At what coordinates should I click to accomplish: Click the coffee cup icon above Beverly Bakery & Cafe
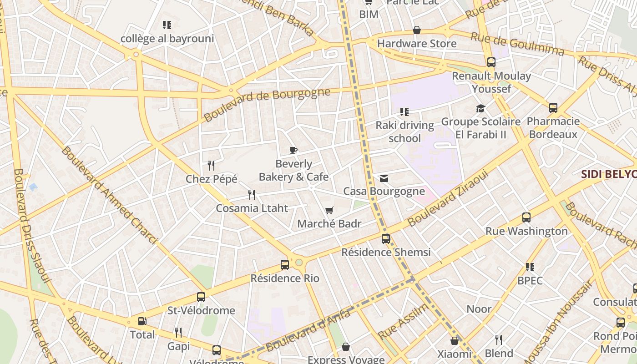click(x=293, y=150)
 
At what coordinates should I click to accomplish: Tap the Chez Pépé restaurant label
click(x=212, y=179)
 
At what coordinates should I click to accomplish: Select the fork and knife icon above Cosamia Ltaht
click(x=252, y=195)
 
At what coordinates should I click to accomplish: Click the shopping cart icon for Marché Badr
click(x=329, y=210)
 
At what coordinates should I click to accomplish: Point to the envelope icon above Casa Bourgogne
click(x=384, y=178)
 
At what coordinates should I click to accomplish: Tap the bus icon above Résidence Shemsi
click(x=386, y=238)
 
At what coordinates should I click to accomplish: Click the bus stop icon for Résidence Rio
click(x=285, y=264)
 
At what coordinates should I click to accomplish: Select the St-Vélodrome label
click(x=201, y=311)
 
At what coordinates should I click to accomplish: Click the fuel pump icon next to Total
click(x=142, y=321)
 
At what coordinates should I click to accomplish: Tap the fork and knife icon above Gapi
click(x=178, y=333)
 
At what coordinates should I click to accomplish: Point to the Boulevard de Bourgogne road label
click(x=267, y=104)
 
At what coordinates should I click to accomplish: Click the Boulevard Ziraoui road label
click(x=448, y=198)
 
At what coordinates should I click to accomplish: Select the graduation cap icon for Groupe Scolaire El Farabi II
click(x=481, y=108)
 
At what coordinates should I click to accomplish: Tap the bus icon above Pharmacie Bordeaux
click(x=553, y=108)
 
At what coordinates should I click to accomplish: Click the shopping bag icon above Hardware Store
click(x=417, y=30)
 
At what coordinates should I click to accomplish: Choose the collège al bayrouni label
click(x=167, y=39)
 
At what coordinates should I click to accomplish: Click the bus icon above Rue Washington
click(x=526, y=217)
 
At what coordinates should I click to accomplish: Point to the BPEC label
click(x=530, y=280)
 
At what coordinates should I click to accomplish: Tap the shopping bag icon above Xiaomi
click(x=454, y=340)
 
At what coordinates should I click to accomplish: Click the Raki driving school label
click(x=404, y=131)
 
